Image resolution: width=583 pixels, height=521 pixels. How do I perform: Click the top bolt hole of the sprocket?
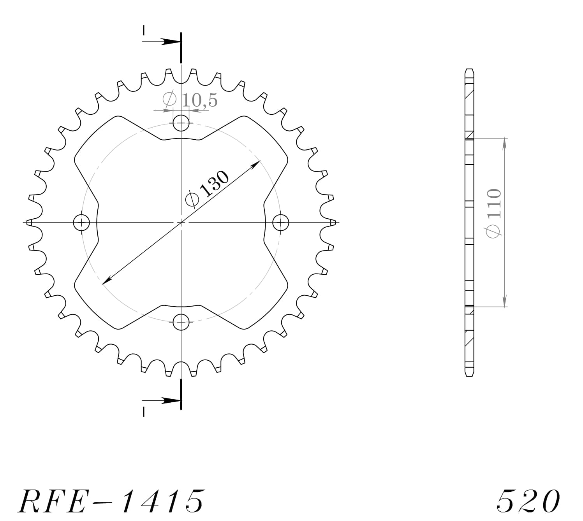point(181,123)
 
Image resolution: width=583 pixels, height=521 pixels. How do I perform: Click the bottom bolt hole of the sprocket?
point(181,322)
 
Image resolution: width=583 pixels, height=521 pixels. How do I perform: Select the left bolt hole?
point(81,223)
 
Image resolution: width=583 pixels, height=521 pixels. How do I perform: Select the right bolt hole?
point(280,223)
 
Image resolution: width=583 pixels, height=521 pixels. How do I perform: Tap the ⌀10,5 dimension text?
point(190,100)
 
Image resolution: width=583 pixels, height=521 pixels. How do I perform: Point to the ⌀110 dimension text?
point(493,213)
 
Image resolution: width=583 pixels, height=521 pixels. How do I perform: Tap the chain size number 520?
point(528,501)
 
